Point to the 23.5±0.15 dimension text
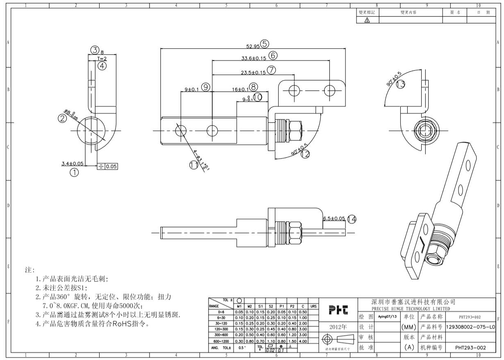point(253,72)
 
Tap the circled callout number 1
point(74,173)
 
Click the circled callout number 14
point(351,220)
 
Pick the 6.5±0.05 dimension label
point(334,219)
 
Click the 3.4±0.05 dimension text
point(72,163)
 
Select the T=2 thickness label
point(102,59)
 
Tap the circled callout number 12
point(304,154)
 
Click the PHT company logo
point(338,311)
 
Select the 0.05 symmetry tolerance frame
point(107,166)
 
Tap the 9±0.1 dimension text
point(192,89)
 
